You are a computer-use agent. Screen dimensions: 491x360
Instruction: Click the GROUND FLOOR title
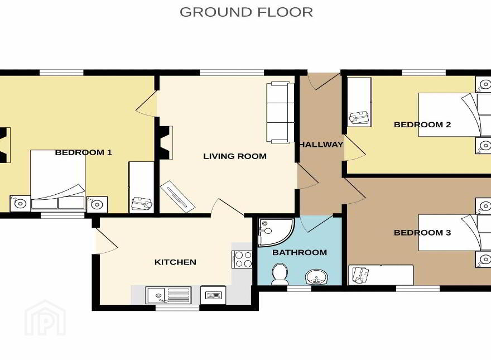[x=246, y=12]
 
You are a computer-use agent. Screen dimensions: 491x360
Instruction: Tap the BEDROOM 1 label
[x=83, y=152]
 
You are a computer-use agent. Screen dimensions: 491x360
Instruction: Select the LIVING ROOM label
[x=235, y=156]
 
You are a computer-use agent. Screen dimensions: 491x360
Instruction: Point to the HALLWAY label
[x=321, y=145]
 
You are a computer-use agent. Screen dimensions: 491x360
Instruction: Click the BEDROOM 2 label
[x=422, y=124]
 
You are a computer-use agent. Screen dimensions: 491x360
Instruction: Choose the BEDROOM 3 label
[x=422, y=233]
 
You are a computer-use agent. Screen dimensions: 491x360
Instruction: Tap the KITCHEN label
[x=175, y=262]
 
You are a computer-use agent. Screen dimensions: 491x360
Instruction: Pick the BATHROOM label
[x=300, y=252]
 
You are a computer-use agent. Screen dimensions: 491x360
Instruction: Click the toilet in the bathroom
[x=280, y=274]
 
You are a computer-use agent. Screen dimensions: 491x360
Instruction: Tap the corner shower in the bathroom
[x=276, y=233]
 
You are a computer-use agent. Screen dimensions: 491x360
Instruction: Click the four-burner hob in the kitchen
[x=242, y=260]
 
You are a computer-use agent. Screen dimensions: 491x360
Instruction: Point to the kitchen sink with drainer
[x=169, y=295]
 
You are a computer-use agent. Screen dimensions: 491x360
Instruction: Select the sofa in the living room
[x=280, y=113]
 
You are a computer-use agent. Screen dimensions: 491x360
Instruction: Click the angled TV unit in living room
[x=177, y=196]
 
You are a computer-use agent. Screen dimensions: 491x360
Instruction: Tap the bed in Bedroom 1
[x=58, y=179]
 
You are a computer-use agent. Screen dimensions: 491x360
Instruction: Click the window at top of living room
[x=232, y=73]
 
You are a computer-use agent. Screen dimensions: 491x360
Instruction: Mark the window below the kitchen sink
[x=177, y=308]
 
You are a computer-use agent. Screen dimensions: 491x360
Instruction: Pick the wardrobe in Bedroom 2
[x=359, y=102]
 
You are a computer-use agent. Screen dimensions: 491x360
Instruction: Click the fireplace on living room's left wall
[x=165, y=142]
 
